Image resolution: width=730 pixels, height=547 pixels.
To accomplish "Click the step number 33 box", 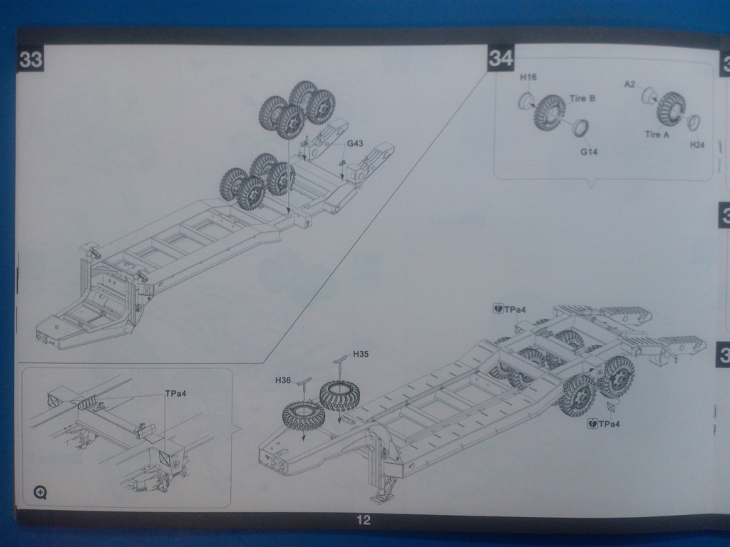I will (x=30, y=60).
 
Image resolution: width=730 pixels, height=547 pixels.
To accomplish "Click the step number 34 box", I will (x=500, y=59).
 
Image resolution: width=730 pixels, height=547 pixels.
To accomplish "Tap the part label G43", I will (x=355, y=144).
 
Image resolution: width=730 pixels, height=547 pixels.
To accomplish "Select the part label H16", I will (x=528, y=78).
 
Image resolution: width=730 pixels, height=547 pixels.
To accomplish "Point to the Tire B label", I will (x=582, y=99).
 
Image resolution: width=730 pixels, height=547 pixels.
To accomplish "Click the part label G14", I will (x=588, y=151).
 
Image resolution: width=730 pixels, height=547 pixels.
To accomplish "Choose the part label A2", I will (x=629, y=84).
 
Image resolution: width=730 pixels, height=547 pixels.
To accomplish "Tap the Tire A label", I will (x=657, y=135).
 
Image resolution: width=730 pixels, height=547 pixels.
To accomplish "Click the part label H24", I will (x=696, y=145).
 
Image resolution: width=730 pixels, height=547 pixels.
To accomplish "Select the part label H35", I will (x=361, y=354).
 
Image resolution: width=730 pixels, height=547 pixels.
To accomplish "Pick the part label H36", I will (x=283, y=380).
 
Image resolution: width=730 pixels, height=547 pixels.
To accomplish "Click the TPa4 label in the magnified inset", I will (x=175, y=393).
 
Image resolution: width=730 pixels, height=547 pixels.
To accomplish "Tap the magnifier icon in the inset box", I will (x=40, y=491).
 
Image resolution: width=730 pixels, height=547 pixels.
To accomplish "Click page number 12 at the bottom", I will (x=364, y=521).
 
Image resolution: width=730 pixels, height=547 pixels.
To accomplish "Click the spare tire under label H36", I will (x=303, y=415).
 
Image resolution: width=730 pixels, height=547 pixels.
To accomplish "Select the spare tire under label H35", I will (x=339, y=395).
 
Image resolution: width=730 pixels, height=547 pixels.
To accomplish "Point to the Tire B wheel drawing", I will (x=550, y=112).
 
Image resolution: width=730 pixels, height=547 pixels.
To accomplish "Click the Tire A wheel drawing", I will (x=670, y=108).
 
